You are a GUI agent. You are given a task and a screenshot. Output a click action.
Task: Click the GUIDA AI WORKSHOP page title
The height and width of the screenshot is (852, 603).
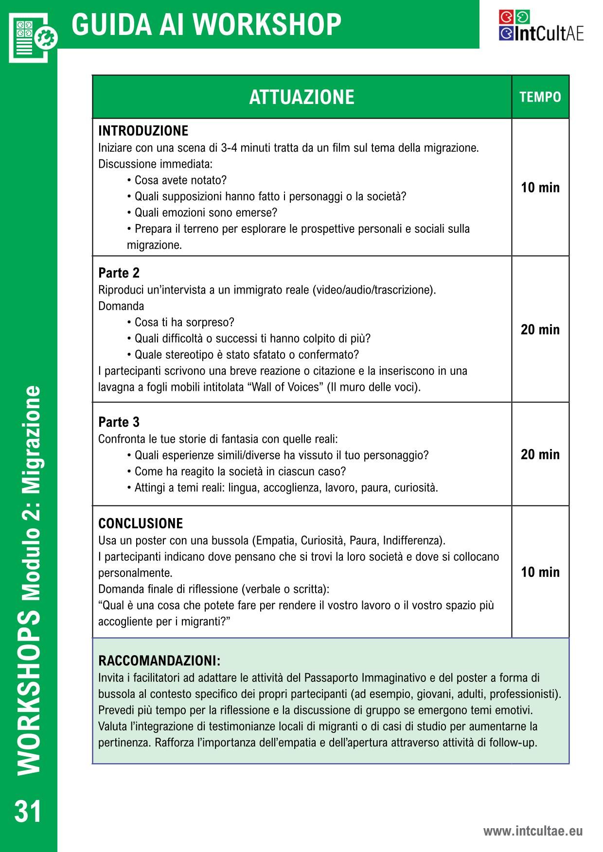point(206,24)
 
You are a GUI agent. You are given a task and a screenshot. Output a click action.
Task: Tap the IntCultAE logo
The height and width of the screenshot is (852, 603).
point(541,26)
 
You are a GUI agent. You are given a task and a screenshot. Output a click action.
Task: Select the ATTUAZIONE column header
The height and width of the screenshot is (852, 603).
point(301,97)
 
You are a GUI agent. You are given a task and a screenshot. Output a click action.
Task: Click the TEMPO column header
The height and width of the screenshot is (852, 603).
point(540,97)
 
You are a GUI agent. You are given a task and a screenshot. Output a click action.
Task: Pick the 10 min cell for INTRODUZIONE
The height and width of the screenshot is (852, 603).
point(540,188)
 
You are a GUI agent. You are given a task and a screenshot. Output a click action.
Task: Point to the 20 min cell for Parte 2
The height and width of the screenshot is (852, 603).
point(540,330)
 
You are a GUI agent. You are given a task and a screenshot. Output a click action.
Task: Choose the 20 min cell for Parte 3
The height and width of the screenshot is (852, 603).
point(540,454)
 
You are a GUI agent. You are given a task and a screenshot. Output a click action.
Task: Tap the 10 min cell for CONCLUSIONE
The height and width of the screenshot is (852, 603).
point(540,572)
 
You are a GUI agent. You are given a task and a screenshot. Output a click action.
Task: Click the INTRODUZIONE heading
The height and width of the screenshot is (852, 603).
point(143,131)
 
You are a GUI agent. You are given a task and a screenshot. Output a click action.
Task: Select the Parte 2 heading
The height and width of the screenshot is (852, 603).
point(119,273)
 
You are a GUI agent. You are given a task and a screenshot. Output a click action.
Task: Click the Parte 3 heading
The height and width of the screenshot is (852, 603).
point(119,422)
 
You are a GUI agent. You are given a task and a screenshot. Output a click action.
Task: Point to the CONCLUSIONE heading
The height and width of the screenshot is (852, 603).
point(141,523)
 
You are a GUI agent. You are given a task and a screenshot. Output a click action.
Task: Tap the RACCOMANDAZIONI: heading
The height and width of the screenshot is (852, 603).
point(159,661)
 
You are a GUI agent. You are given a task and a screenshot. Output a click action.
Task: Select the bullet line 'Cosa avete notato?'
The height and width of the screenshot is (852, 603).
point(180,180)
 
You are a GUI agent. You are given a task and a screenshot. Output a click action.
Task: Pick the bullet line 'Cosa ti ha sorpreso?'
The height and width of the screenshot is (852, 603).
point(184,322)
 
